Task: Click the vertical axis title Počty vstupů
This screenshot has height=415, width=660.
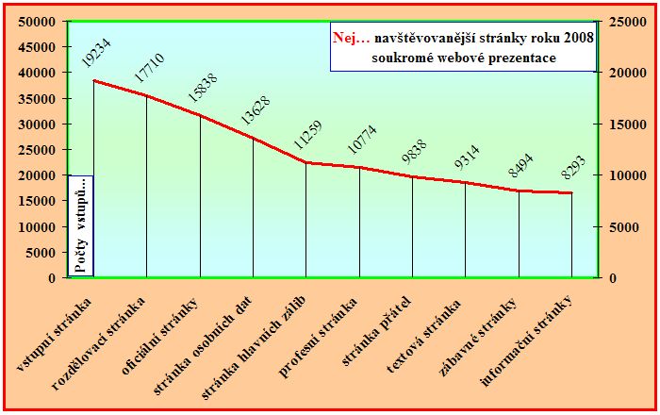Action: pos(81,226)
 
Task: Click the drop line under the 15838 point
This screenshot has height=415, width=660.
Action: pos(200,198)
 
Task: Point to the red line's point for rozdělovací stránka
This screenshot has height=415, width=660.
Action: pos(146,95)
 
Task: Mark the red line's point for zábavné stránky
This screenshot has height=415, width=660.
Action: pos(519,191)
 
